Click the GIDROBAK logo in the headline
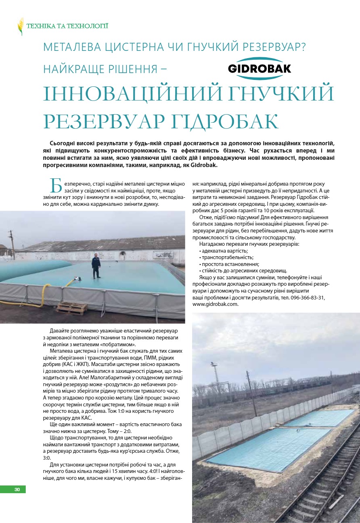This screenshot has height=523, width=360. (x=259, y=68)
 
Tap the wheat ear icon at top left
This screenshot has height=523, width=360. (x=20, y=27)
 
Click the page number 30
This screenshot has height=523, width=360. (x=17, y=490)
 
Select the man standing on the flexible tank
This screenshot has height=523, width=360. (x=96, y=265)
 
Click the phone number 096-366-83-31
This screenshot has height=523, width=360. (x=307, y=297)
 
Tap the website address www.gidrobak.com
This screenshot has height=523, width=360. (x=215, y=304)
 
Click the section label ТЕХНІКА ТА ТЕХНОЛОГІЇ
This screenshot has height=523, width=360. (x=67, y=26)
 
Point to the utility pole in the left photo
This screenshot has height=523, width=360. (x=13, y=245)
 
